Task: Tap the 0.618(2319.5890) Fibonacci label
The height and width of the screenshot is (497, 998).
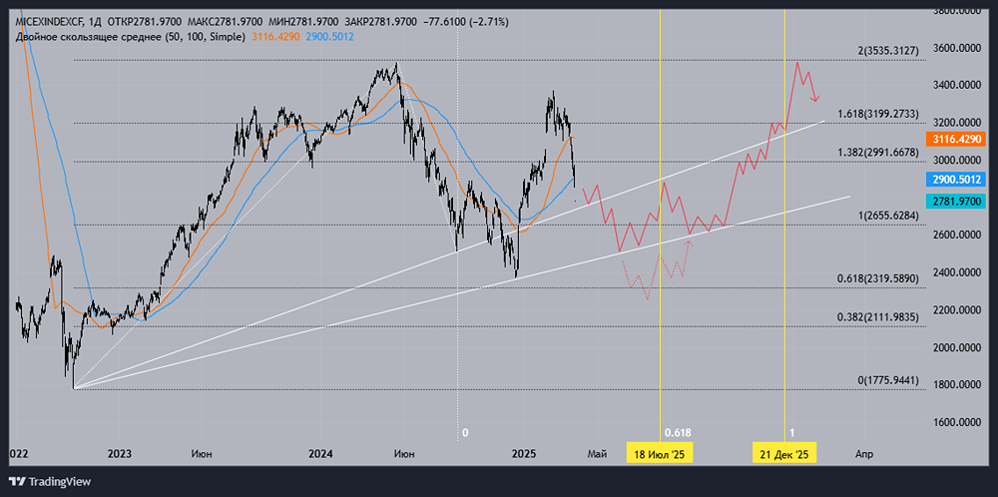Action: coord(874,279)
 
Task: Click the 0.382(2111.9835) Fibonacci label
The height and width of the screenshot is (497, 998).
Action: coord(874,317)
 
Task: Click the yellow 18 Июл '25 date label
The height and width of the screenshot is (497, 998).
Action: coord(660,454)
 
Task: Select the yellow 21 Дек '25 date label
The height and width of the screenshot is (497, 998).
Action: coord(785,454)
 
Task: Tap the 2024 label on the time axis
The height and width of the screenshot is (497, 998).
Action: coord(320,454)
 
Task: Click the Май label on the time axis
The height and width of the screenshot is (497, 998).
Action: coord(597,454)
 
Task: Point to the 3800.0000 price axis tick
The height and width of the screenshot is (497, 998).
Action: coord(956,11)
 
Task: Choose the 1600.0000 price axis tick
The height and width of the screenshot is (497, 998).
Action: coord(956,422)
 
